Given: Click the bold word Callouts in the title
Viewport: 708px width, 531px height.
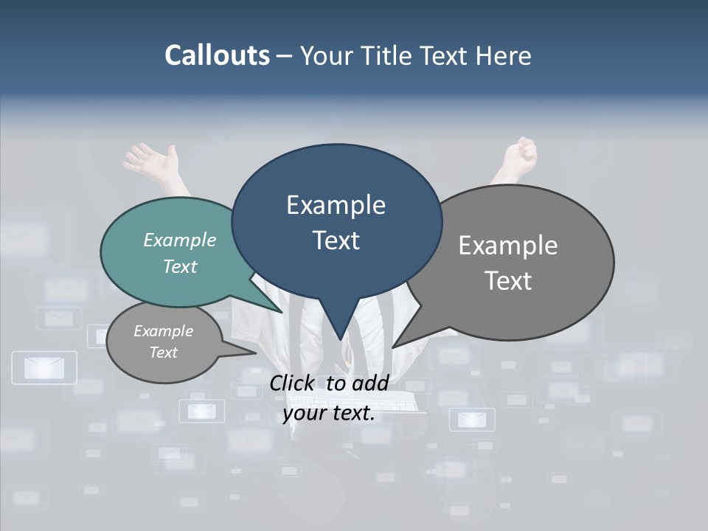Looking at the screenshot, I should (218, 55).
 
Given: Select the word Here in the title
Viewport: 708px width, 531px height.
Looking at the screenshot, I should (504, 56).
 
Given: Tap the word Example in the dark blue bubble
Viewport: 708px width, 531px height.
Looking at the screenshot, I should (336, 205).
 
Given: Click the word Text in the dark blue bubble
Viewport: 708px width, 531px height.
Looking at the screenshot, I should (336, 240).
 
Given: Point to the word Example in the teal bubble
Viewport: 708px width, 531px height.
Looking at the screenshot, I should (180, 240).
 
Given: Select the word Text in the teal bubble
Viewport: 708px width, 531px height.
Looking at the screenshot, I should (180, 266).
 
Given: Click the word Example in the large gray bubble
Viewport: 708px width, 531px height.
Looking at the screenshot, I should (508, 246).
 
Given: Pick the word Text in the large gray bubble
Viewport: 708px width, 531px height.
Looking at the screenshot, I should (508, 280).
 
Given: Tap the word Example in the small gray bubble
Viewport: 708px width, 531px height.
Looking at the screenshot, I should (163, 331).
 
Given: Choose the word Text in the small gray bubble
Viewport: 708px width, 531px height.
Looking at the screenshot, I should (163, 353).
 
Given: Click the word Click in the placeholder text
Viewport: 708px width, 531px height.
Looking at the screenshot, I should (294, 383).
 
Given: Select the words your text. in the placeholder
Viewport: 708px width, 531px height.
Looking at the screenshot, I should (329, 414).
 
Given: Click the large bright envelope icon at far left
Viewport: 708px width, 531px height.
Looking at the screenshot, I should (45, 367).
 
